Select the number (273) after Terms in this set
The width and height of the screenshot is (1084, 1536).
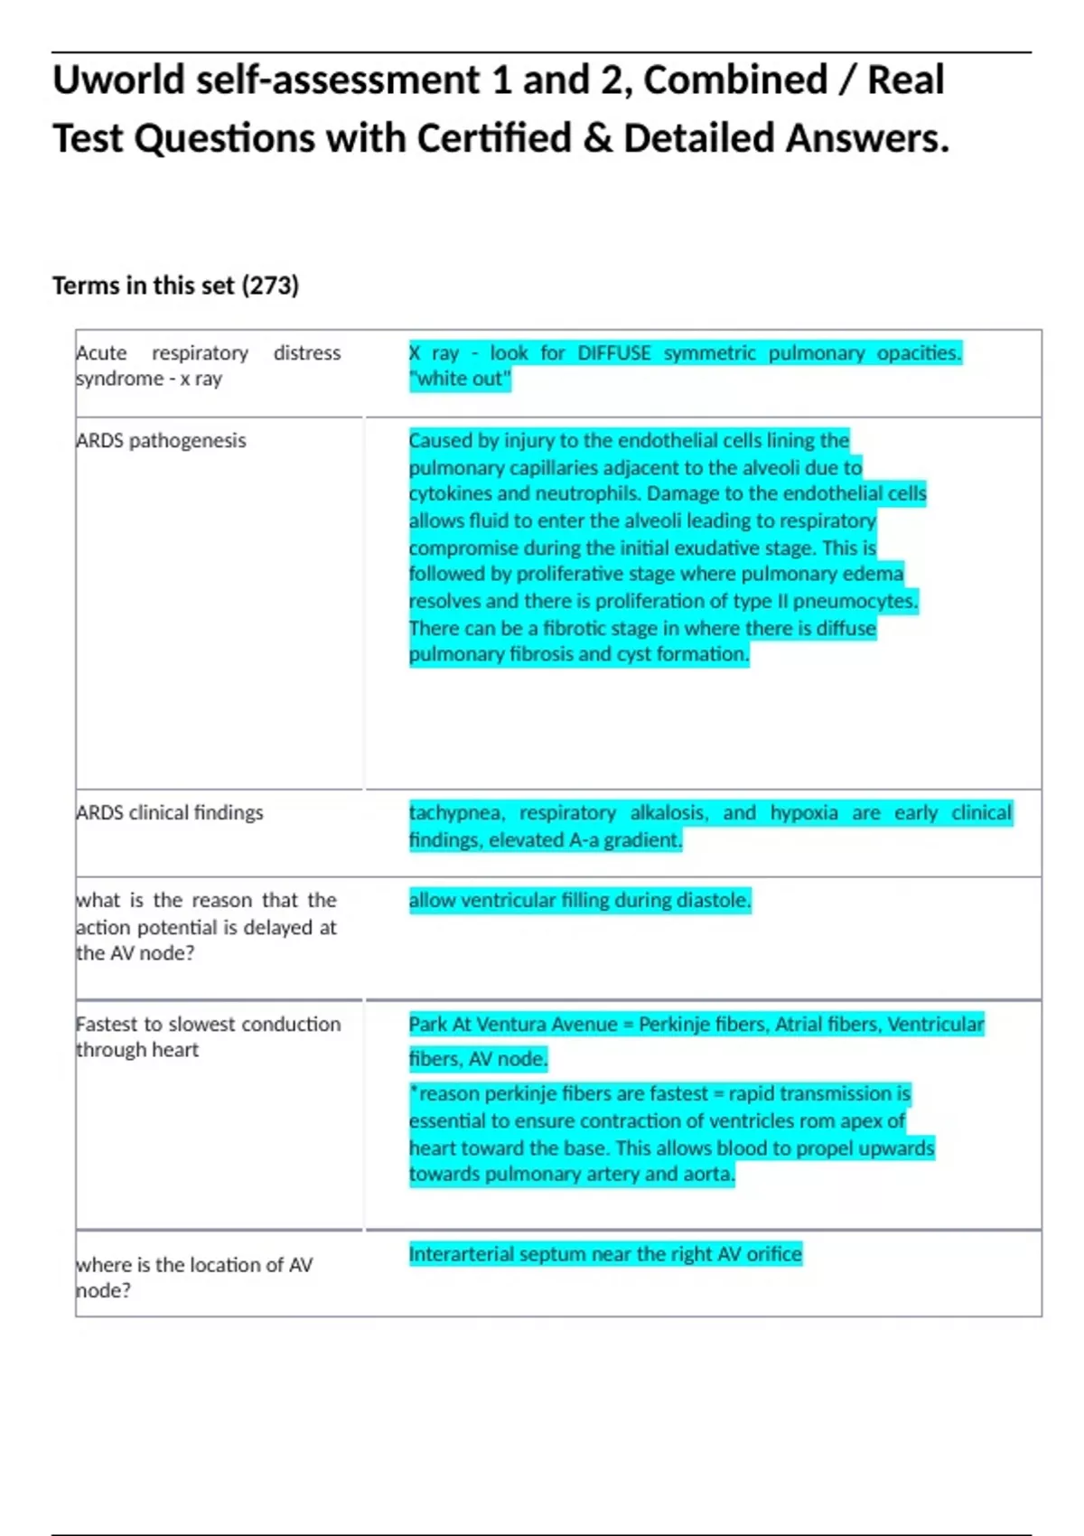pos(269,286)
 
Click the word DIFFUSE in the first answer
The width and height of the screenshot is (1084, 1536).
pos(613,353)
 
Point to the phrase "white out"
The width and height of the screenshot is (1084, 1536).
pos(460,379)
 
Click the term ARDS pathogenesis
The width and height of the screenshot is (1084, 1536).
pos(161,441)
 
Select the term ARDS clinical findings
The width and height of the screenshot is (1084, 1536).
pos(170,813)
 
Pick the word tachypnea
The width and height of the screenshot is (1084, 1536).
pos(456,813)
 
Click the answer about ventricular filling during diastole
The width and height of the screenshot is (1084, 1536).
pos(579,901)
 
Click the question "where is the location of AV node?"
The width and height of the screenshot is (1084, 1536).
pos(193,1278)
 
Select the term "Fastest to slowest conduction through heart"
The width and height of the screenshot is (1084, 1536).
pos(208,1037)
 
